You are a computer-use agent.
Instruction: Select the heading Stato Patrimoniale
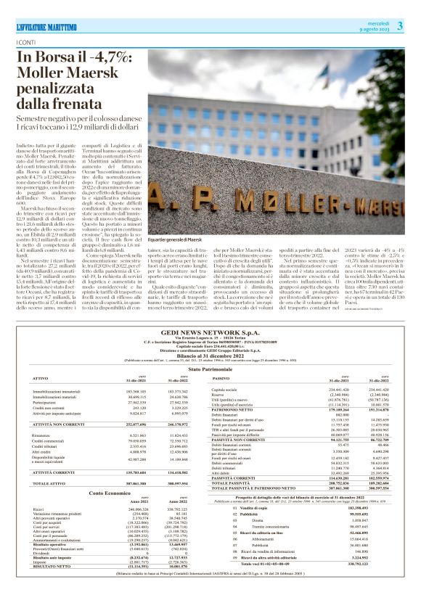[210, 369]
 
